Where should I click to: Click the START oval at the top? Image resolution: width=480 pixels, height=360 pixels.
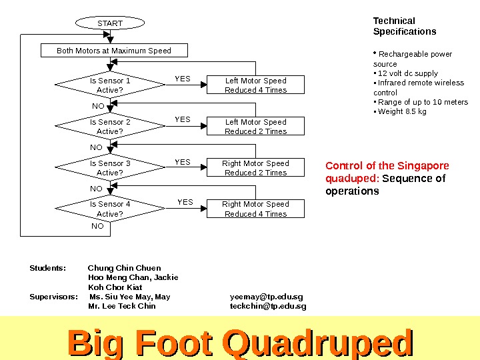[x=110, y=23]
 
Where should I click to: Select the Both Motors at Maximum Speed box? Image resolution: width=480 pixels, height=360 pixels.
[x=114, y=51]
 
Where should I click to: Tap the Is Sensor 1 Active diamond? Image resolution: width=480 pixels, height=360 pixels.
[x=110, y=85]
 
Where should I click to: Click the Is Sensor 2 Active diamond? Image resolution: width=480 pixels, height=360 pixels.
[x=110, y=127]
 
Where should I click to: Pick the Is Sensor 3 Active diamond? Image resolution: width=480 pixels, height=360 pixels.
[x=110, y=168]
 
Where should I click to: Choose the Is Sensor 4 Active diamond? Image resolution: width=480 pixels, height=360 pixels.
[x=110, y=209]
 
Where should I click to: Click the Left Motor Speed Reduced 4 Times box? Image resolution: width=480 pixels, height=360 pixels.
[x=255, y=85]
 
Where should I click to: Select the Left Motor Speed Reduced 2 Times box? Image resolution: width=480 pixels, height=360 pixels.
[x=255, y=127]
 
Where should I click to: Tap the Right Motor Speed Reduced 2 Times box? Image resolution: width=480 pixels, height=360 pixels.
[x=255, y=168]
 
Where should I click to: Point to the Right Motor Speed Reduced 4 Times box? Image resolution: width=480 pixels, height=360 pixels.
[x=255, y=209]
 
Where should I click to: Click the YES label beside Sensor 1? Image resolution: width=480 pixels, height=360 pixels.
[x=183, y=79]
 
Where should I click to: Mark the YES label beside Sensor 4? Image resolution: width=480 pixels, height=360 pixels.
[x=185, y=202]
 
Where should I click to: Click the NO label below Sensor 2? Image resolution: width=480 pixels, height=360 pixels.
[x=97, y=147]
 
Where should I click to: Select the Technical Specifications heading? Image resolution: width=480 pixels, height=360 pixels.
[x=405, y=26]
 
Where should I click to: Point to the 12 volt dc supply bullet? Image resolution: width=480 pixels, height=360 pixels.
[x=407, y=73]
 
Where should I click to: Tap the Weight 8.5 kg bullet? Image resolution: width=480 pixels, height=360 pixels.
[x=402, y=111]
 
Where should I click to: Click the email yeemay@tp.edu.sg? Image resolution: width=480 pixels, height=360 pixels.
[x=266, y=297]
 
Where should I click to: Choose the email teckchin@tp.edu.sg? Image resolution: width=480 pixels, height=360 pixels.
[x=268, y=306]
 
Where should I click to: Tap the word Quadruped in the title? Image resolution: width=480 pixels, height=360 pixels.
[x=319, y=343]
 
